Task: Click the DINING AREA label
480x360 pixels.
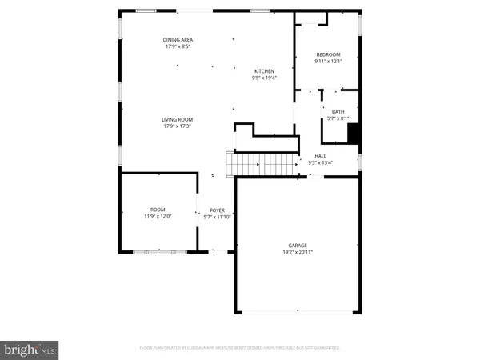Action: [178, 39]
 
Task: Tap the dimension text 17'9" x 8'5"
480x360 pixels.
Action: [178, 46]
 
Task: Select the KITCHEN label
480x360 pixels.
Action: [264, 70]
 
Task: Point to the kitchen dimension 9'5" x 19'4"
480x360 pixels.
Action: [264, 78]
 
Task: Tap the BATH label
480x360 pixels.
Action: [338, 111]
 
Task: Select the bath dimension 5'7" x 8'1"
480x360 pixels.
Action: [338, 118]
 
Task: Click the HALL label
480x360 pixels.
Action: [320, 156]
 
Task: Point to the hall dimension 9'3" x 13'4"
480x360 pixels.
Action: [320, 163]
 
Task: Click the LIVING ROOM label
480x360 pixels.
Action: [178, 119]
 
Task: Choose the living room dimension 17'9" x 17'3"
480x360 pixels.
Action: [178, 126]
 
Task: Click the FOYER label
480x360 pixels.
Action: [218, 210]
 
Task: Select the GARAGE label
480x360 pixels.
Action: [298, 245]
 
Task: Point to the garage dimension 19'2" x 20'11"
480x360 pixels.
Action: [298, 252]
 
